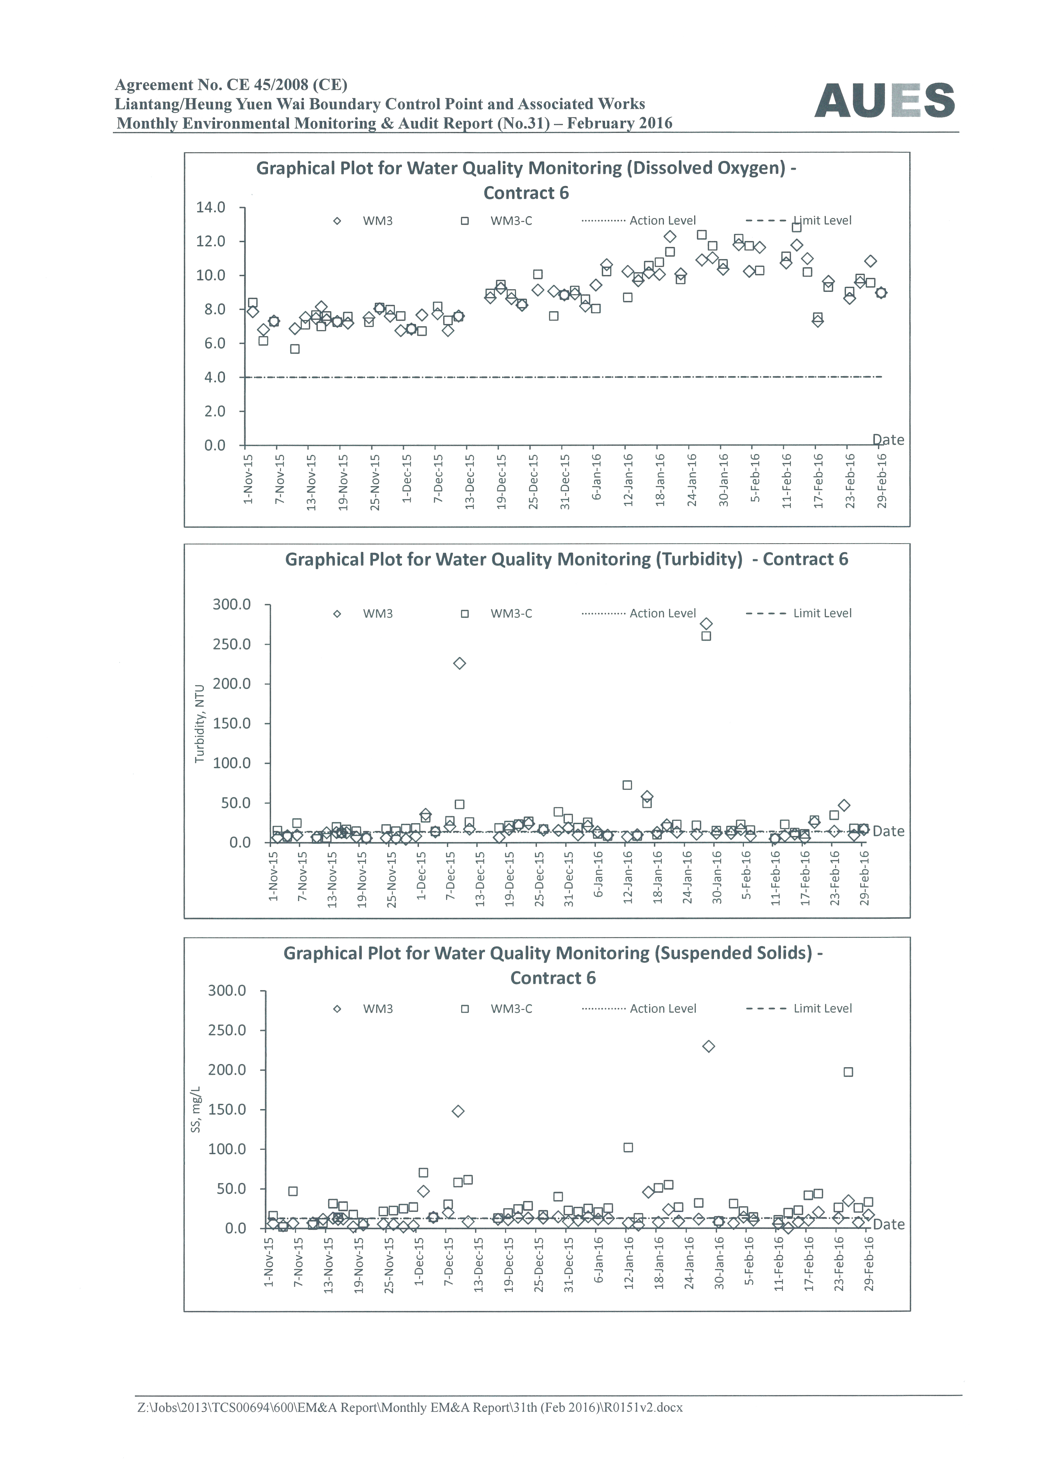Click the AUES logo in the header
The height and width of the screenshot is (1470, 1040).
(884, 101)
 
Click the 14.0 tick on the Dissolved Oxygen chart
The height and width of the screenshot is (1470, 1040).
(211, 208)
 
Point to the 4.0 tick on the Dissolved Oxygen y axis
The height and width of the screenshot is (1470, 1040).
(215, 377)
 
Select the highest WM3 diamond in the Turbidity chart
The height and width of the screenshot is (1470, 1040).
(706, 624)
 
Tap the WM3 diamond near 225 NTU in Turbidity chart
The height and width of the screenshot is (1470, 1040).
(459, 663)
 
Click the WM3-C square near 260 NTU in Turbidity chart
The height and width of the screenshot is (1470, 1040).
(706, 636)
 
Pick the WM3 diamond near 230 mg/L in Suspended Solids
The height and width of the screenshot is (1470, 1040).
(708, 1046)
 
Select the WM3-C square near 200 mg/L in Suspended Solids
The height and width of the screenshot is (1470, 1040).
(849, 1072)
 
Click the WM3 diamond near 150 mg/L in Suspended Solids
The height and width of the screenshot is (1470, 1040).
(458, 1111)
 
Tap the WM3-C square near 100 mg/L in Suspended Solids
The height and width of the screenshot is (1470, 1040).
(628, 1147)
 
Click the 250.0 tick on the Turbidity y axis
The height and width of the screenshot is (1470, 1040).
(232, 644)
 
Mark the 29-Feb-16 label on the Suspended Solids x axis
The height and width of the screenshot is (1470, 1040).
(869, 1264)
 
